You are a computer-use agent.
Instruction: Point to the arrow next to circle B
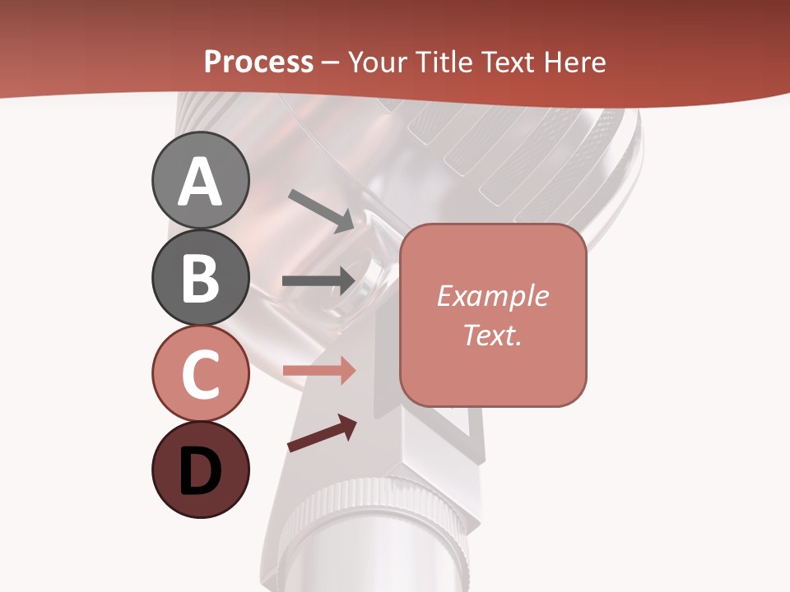[x=318, y=280]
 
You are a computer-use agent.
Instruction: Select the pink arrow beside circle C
[x=318, y=370]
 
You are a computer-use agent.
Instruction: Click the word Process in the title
[x=258, y=62]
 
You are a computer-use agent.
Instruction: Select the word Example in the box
[x=493, y=296]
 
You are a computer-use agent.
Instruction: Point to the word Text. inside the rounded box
[x=493, y=335]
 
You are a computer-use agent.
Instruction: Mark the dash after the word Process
[x=331, y=62]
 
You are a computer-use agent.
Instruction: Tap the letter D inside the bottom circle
[x=200, y=472]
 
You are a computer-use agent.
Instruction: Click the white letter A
[x=200, y=181]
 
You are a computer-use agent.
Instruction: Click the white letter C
[x=200, y=374]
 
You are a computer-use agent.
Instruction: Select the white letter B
[x=200, y=278]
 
